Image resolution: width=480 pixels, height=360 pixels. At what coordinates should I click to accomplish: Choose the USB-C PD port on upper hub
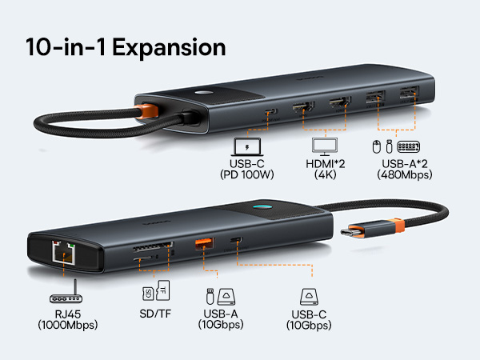[x=272, y=112]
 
